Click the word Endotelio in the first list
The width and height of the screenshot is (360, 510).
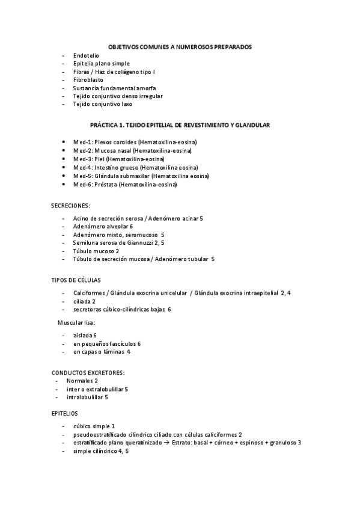85,55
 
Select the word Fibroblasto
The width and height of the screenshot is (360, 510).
88,79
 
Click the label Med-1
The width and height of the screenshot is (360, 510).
82,142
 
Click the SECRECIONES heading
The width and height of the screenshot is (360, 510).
71,205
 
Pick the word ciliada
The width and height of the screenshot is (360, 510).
82,301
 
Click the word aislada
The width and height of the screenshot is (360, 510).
82,334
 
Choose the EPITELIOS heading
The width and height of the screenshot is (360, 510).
64,413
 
